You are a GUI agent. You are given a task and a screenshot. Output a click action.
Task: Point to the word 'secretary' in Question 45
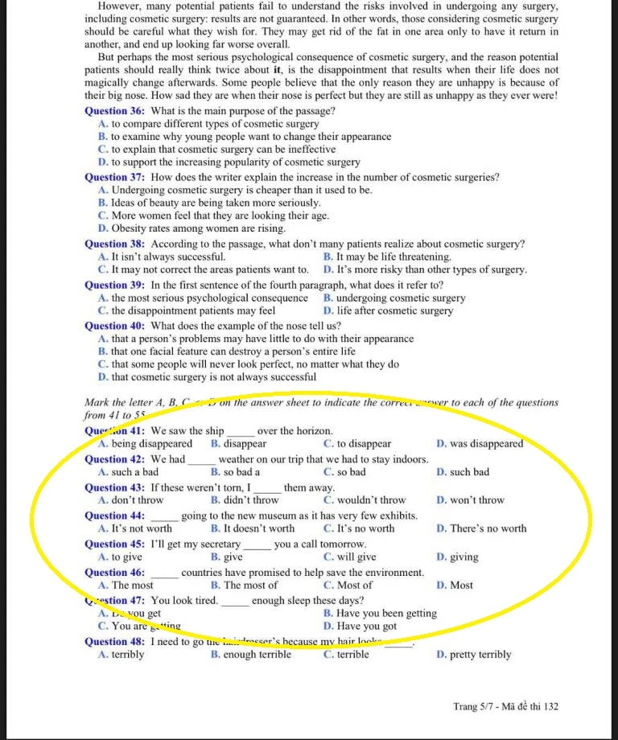(219, 544)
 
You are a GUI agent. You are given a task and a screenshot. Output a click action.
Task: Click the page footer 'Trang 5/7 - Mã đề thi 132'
(505, 706)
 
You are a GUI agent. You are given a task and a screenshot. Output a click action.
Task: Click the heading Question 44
(115, 516)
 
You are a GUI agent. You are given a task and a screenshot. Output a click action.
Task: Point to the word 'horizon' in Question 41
(309, 431)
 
